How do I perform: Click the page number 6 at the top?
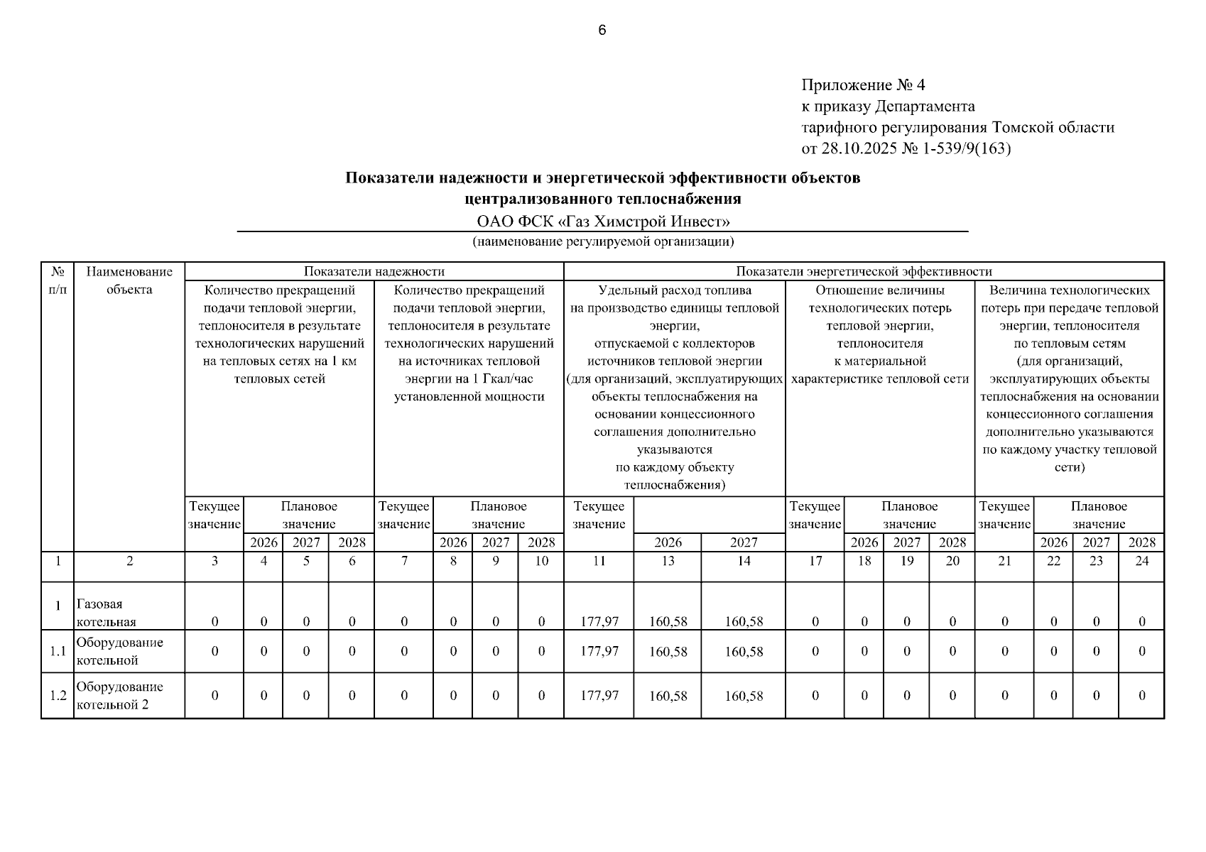(x=602, y=31)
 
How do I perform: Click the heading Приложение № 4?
(x=863, y=85)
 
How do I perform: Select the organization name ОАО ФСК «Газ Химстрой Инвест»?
(x=603, y=222)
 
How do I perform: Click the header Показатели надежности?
(x=374, y=271)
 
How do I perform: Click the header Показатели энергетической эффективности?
(x=863, y=271)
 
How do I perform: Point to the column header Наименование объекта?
(x=129, y=280)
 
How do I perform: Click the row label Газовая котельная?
(x=106, y=613)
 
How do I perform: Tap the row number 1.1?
(x=58, y=651)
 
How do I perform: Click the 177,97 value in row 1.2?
(x=599, y=696)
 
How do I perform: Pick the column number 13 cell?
(x=668, y=561)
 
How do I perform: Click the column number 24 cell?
(x=1141, y=561)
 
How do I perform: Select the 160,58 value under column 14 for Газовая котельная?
(x=744, y=621)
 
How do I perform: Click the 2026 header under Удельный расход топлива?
(x=668, y=542)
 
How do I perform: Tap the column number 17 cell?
(x=815, y=561)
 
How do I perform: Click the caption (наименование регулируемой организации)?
(x=603, y=241)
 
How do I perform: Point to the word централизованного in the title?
(x=538, y=198)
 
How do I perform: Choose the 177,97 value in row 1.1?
(x=599, y=651)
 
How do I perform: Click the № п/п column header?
(x=58, y=280)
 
